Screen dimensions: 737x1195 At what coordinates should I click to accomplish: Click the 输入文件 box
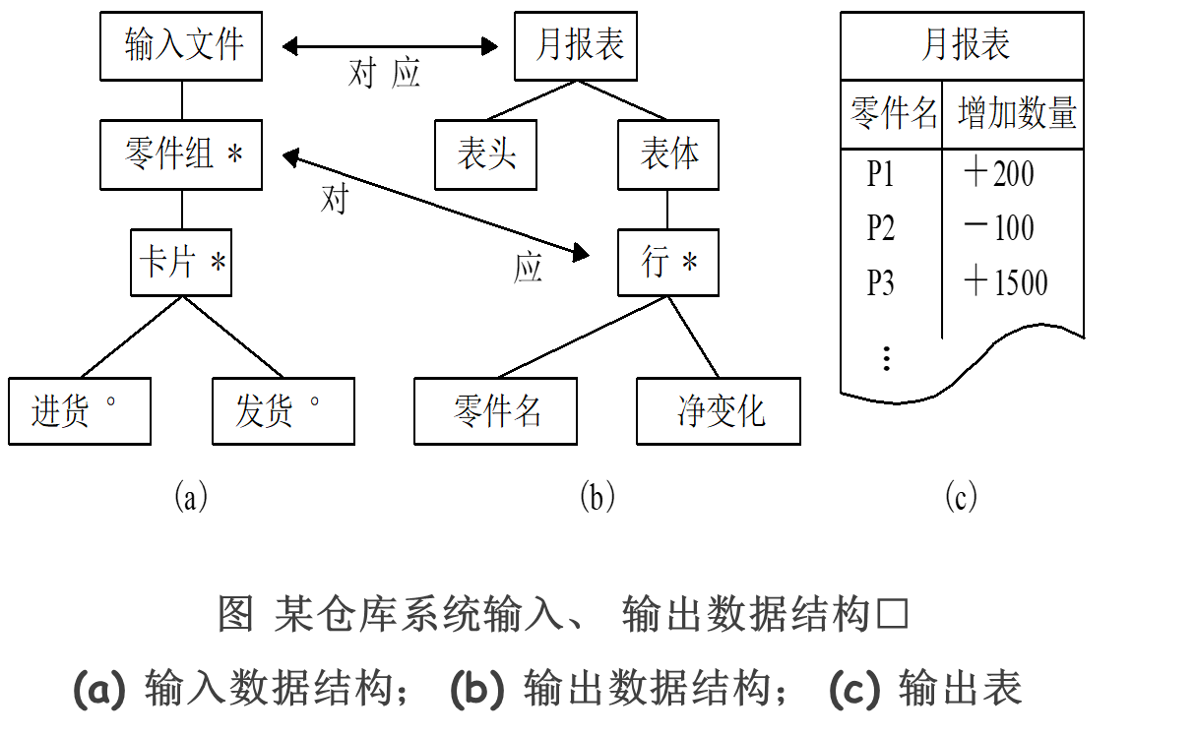tap(181, 46)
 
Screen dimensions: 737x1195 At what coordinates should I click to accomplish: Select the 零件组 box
tap(181, 154)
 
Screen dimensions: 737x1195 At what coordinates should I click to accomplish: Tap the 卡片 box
tap(181, 263)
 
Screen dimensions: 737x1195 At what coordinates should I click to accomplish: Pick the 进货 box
tap(80, 411)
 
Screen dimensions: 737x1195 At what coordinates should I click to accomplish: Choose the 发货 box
tap(283, 411)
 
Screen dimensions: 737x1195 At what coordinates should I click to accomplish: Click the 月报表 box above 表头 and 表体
tap(576, 46)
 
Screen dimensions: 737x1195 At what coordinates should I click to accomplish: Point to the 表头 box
tap(485, 154)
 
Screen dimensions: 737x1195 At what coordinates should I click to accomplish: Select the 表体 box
tap(668, 154)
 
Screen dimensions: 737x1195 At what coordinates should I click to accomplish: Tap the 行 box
tap(668, 263)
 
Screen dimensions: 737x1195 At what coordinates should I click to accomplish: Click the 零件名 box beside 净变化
tap(495, 411)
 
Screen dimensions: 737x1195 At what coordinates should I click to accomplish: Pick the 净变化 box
tap(719, 411)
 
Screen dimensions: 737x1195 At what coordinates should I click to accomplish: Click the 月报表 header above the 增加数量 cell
tap(962, 46)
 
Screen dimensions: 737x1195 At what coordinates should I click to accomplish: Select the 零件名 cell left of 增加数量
tap(892, 114)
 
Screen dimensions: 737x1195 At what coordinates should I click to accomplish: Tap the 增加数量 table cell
tap(1013, 114)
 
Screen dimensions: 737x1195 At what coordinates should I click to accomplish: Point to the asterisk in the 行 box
tap(689, 264)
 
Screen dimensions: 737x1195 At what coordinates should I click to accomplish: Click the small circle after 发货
tap(315, 401)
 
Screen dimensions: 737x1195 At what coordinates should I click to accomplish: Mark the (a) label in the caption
tap(99, 689)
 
